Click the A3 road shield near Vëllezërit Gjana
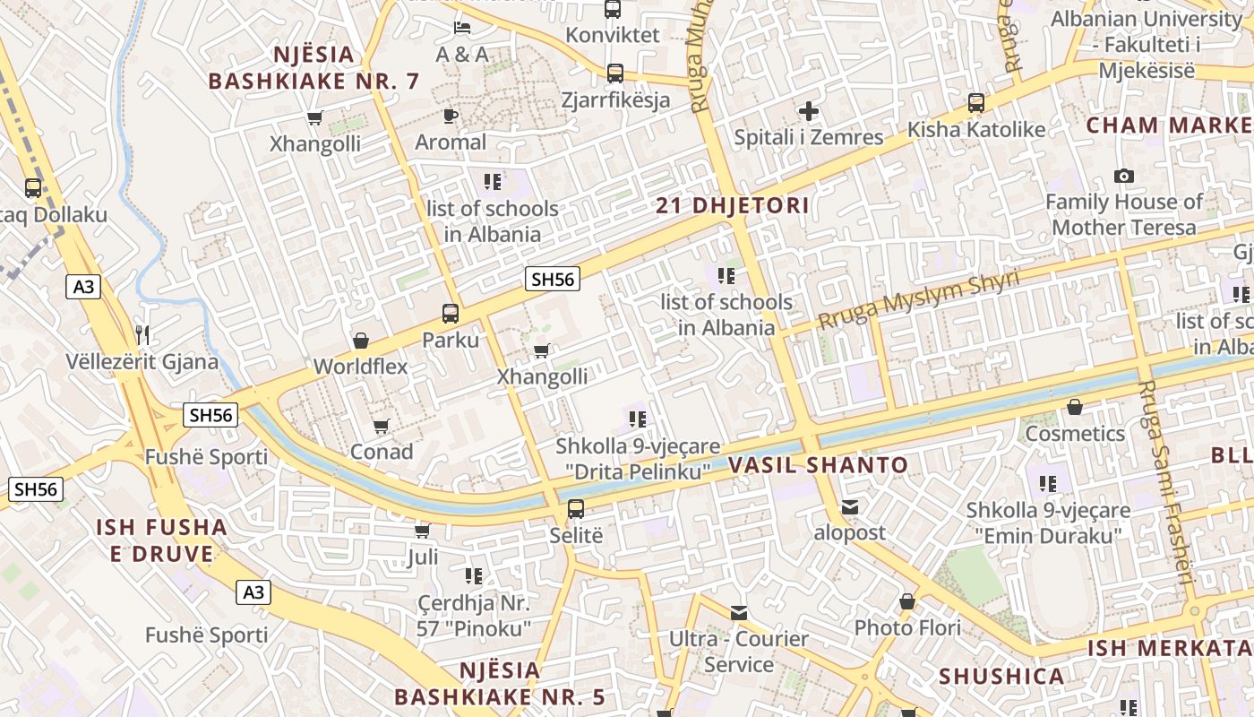pos(83,287)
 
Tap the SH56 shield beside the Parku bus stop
pos(552,279)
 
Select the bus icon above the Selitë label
pos(576,509)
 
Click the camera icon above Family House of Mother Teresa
pos(1123,176)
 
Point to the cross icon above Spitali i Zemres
pos(809,111)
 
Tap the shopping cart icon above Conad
pos(382,426)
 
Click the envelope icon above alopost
pos(849,507)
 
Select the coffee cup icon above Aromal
pos(451,116)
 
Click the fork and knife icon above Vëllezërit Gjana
pos(142,335)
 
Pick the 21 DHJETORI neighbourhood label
pos(732,205)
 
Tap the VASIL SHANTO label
pos(818,465)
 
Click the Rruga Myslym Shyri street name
pos(919,300)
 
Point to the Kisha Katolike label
pos(975,130)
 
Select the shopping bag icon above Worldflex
pos(360,341)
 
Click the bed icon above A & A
pos(462,28)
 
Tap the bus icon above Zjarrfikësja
pos(615,73)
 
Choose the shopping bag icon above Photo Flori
pos(907,601)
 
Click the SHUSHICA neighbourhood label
pos(1001,676)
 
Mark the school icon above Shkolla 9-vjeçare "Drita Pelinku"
pos(637,419)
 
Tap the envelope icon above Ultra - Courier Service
pos(739,613)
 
